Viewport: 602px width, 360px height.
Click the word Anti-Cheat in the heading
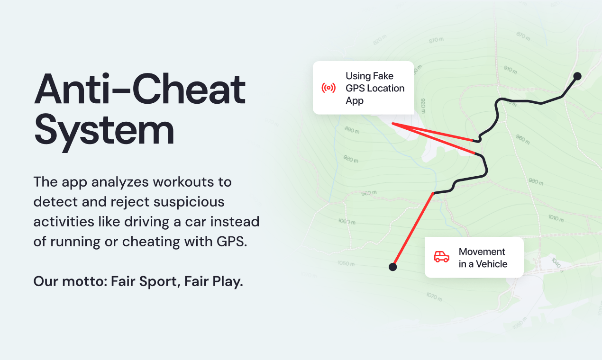click(140, 89)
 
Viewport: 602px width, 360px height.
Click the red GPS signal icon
click(328, 88)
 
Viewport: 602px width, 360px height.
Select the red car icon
click(442, 257)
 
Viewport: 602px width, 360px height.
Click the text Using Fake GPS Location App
click(375, 88)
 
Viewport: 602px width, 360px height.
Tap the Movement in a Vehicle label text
click(483, 258)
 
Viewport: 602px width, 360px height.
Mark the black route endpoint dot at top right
click(577, 76)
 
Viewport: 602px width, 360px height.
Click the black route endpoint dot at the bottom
click(392, 267)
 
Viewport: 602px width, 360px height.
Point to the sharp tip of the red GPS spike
click(392, 124)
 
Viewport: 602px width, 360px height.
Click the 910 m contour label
click(511, 70)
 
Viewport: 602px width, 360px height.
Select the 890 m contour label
click(352, 130)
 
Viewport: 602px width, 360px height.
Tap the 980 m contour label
click(536, 181)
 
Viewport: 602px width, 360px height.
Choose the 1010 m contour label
click(556, 218)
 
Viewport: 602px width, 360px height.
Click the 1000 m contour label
click(347, 221)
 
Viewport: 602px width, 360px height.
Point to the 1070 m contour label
click(434, 297)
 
